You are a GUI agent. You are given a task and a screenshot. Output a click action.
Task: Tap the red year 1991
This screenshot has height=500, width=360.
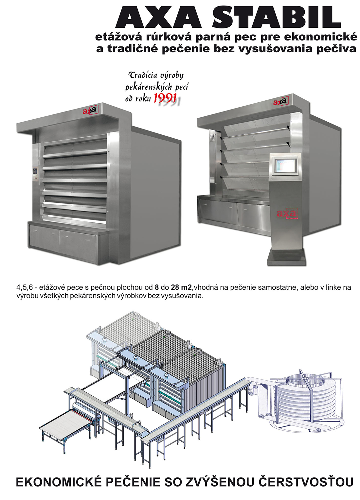coord(165,98)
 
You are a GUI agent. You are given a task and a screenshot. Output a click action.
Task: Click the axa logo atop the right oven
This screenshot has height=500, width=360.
coord(281,101)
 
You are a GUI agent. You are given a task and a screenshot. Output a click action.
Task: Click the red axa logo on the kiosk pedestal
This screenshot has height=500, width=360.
coord(286,213)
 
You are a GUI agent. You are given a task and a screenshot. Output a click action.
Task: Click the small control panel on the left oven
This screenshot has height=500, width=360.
coord(35,173)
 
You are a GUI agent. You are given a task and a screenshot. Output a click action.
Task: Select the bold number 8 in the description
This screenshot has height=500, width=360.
coord(156,287)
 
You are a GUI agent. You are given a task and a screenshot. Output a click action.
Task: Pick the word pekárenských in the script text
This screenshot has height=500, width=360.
coord(149,87)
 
